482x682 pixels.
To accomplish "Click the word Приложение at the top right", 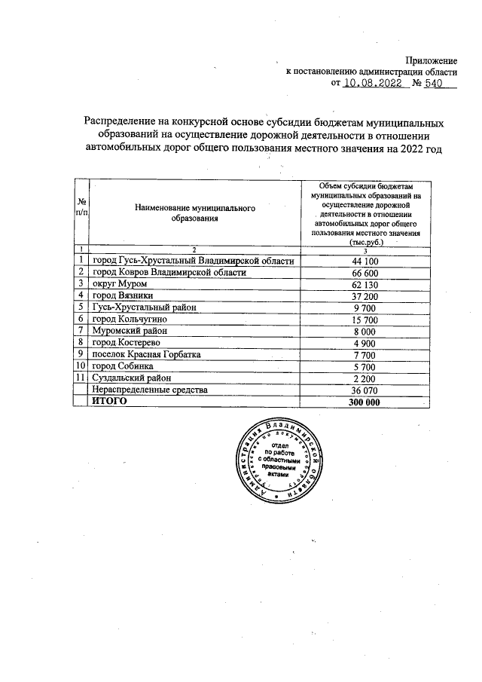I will click(x=432, y=60).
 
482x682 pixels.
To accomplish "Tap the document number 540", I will click(x=435, y=84).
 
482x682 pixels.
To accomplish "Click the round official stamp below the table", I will click(x=279, y=461).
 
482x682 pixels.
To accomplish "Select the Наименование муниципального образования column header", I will click(x=193, y=213).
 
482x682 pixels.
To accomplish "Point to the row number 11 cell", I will click(x=81, y=378).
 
